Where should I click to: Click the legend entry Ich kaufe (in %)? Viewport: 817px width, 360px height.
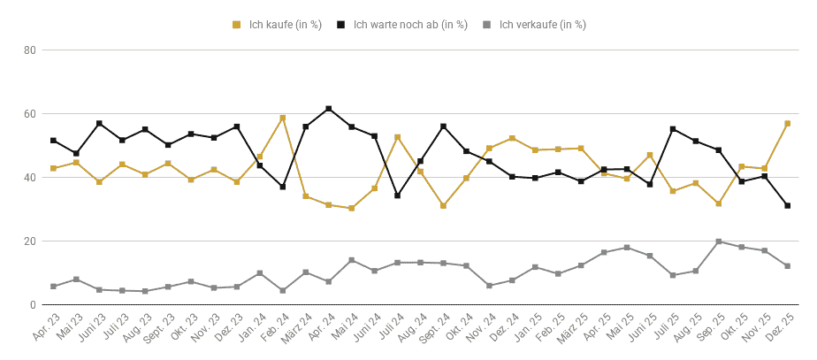pyautogui.click(x=278, y=25)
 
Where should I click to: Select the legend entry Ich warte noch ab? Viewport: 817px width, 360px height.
pyautogui.click(x=402, y=25)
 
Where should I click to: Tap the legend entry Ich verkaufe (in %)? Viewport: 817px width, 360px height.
pyautogui.click(x=534, y=25)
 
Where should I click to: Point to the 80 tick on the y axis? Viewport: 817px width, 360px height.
pyautogui.click(x=30, y=50)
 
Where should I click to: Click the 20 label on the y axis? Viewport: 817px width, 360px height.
pyautogui.click(x=30, y=241)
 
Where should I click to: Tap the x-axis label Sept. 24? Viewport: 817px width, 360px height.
pyautogui.click(x=434, y=327)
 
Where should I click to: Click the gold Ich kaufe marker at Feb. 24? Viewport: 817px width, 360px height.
pyautogui.click(x=283, y=118)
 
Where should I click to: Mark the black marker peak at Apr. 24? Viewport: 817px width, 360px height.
pyautogui.click(x=329, y=109)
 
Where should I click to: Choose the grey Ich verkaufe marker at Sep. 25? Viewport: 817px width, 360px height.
pyautogui.click(x=719, y=241)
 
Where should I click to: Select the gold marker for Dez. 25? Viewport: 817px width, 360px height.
pyautogui.click(x=787, y=124)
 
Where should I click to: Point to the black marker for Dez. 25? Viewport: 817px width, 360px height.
pyautogui.click(x=787, y=206)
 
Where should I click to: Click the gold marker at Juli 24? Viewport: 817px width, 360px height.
pyautogui.click(x=398, y=137)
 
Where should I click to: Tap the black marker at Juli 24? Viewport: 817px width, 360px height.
pyautogui.click(x=398, y=195)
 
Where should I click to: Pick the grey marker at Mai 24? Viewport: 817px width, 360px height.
pyautogui.click(x=352, y=260)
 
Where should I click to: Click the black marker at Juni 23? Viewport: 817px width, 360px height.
pyautogui.click(x=99, y=124)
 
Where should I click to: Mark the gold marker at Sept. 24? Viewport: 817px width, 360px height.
pyautogui.click(x=443, y=206)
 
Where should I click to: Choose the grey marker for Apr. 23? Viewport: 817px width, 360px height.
pyautogui.click(x=53, y=287)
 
